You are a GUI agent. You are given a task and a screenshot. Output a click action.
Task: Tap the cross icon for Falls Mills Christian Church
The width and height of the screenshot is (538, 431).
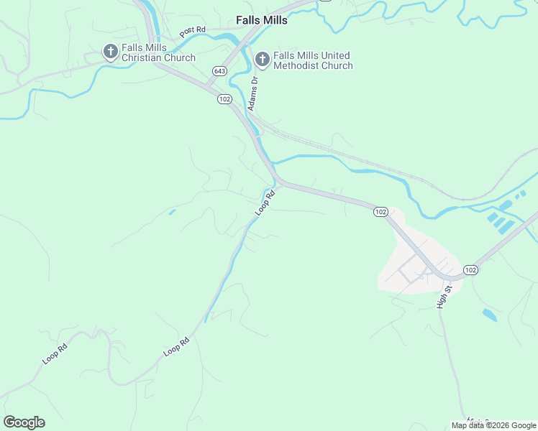click(x=110, y=52)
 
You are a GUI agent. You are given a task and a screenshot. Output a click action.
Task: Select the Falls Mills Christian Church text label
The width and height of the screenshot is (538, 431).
click(x=159, y=52)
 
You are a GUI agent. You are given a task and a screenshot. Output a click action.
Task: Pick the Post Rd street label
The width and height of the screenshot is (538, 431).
click(x=193, y=32)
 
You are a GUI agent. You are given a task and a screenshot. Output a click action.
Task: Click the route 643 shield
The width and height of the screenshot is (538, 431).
click(x=219, y=71)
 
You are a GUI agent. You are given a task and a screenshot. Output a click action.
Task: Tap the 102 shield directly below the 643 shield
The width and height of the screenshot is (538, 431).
click(x=224, y=99)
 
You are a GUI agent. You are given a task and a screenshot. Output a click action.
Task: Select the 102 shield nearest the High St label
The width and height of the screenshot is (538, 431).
click(x=470, y=269)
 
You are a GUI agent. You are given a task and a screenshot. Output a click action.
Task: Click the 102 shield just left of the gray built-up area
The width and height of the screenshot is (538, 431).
click(x=380, y=212)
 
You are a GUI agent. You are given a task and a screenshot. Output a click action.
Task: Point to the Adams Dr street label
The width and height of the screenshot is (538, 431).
click(x=253, y=94)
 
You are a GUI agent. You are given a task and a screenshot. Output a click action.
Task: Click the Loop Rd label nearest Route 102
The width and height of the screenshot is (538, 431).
click(x=265, y=203)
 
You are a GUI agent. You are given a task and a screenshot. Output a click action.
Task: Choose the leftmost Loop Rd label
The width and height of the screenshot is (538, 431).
click(x=55, y=353)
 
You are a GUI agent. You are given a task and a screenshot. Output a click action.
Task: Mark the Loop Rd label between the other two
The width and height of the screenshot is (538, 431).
click(x=176, y=346)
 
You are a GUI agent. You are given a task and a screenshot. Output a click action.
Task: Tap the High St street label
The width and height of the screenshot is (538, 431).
click(x=444, y=297)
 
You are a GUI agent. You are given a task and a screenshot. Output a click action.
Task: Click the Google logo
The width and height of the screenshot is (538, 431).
click(x=24, y=422)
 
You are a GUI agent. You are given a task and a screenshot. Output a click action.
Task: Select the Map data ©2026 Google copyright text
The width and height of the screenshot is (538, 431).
click(x=493, y=425)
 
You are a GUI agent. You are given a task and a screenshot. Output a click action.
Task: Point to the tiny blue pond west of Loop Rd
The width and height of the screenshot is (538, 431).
click(x=171, y=212)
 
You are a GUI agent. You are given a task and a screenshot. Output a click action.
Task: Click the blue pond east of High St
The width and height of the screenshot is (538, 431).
click(x=489, y=315)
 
